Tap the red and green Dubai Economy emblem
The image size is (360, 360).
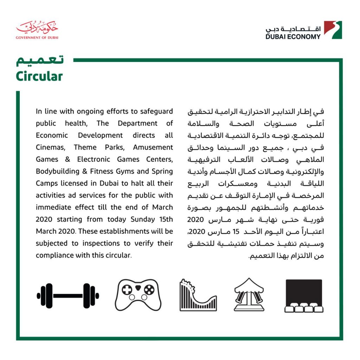coord(333,30)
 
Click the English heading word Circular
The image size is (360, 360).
coord(39,76)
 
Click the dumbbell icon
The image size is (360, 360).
coord(68,296)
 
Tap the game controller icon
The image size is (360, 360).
coord(138,295)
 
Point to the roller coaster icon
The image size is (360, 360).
coord(198,295)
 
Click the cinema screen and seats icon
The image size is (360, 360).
coord(304,296)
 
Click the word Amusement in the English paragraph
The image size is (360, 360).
coord(154,147)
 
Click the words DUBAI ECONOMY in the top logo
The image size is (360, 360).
coord(293,36)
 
